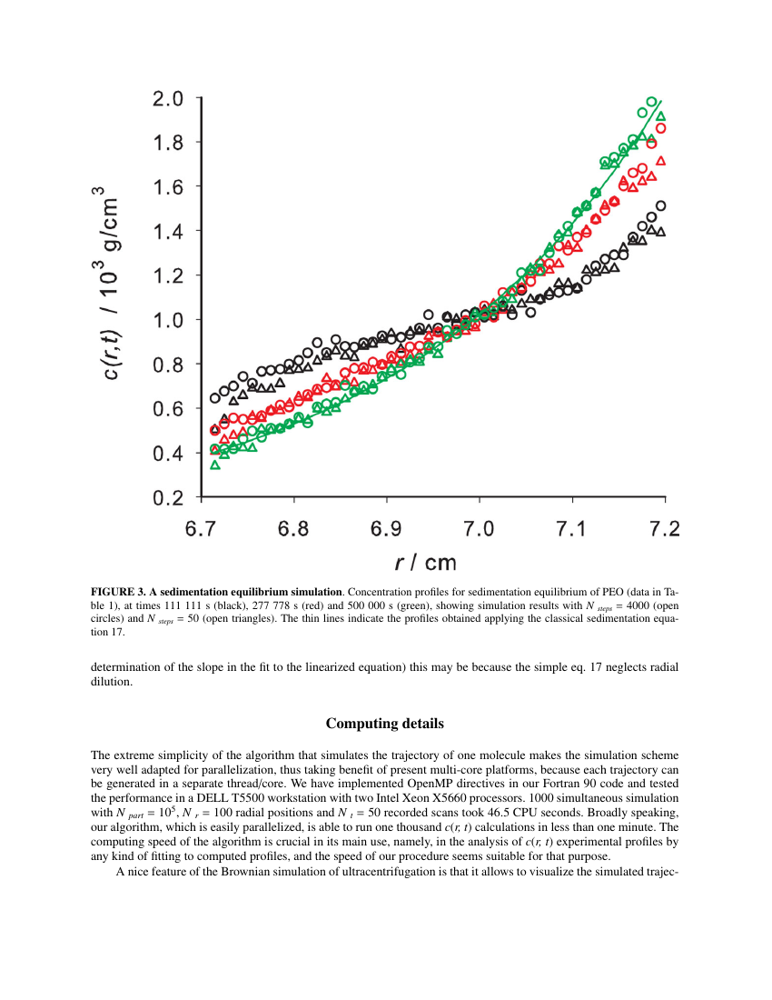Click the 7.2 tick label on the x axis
click(665, 529)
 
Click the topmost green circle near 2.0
click(651, 103)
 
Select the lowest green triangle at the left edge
click(215, 465)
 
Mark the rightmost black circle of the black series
click(660, 205)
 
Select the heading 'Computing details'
click(385, 724)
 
